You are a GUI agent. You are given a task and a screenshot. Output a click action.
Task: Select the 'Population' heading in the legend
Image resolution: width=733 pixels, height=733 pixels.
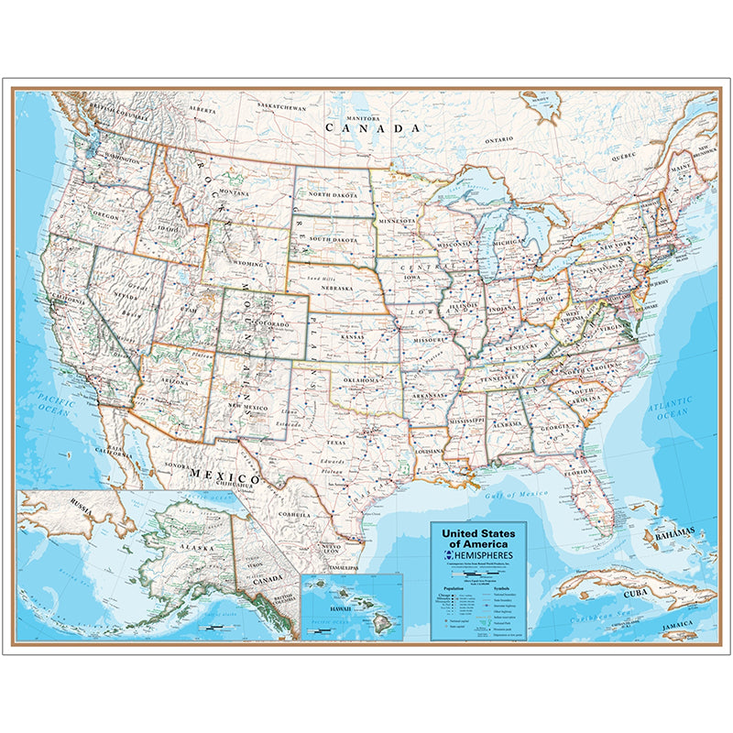[x=453, y=589]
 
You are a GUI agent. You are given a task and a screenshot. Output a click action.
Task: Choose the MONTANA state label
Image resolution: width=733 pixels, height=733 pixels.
[x=234, y=193]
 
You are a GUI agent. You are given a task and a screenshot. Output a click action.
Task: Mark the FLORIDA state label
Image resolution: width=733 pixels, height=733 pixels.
[x=578, y=473]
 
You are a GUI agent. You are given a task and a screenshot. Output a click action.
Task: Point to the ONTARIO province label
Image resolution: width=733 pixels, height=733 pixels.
[x=500, y=140]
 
